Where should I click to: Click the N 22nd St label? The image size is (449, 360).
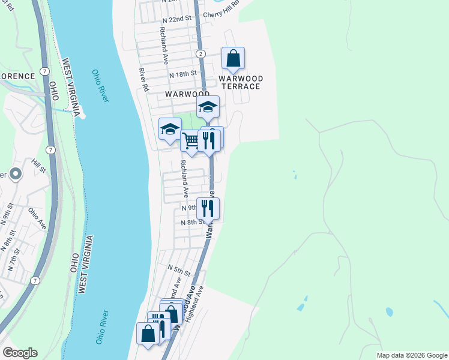pyautogui.click(x=176, y=19)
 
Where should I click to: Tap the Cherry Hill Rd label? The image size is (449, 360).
pyautogui.click(x=221, y=14)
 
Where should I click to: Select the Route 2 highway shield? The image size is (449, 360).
pyautogui.click(x=200, y=54)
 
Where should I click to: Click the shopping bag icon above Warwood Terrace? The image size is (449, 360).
pyautogui.click(x=233, y=58)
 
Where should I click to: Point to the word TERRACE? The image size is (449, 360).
pyautogui.click(x=241, y=86)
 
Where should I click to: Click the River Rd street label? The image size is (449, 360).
pyautogui.click(x=143, y=79)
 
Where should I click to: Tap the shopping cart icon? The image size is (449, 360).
pyautogui.click(x=191, y=141)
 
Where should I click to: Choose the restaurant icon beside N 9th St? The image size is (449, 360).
pyautogui.click(x=208, y=208)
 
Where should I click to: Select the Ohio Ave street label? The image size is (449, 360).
pyautogui.click(x=37, y=218)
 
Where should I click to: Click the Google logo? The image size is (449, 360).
pyautogui.click(x=19, y=353)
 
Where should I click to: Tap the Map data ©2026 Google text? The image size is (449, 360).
pyautogui.click(x=411, y=355)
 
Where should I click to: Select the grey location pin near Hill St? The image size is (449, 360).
pyautogui.click(x=15, y=174)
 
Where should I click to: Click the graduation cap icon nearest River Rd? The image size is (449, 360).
pyautogui.click(x=170, y=128)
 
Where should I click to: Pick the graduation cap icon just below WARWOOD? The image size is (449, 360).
pyautogui.click(x=208, y=107)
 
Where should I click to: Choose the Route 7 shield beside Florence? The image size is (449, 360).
pyautogui.click(x=45, y=71)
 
